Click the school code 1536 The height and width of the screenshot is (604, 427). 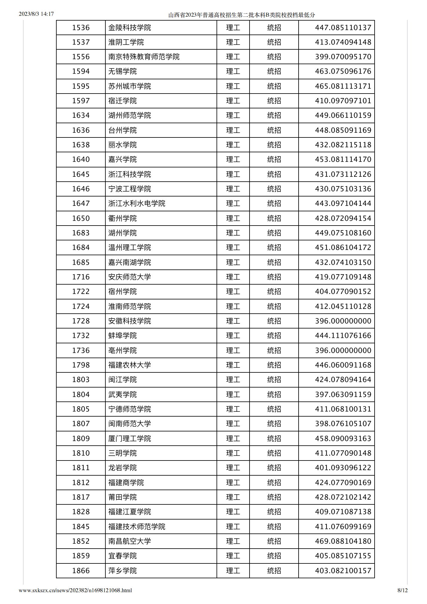(81, 28)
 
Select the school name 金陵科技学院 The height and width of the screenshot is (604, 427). (130, 28)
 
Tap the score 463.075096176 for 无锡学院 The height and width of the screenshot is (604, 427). (343, 71)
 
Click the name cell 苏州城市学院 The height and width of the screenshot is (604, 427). (130, 86)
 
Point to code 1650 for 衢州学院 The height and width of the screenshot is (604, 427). (81, 218)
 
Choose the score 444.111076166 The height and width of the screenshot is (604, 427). (343, 335)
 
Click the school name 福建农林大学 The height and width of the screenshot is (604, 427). (130, 365)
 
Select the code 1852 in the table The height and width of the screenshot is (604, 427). (81, 541)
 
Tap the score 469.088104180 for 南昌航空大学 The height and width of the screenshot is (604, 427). (343, 541)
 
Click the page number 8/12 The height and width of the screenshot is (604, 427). (402, 590)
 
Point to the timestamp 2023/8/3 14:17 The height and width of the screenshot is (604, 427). (36, 14)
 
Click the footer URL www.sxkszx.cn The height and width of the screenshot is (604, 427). (75, 590)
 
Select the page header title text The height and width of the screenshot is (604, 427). (241, 15)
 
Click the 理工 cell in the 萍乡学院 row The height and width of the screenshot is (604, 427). (233, 571)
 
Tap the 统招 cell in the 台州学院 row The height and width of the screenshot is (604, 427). (274, 130)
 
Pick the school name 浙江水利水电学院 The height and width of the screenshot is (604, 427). (137, 203)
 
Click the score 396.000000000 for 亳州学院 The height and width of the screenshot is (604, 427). (343, 350)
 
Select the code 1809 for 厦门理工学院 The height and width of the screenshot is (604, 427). (81, 438)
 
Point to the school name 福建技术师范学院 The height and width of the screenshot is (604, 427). (137, 526)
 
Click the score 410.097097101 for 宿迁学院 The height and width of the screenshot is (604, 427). (343, 101)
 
